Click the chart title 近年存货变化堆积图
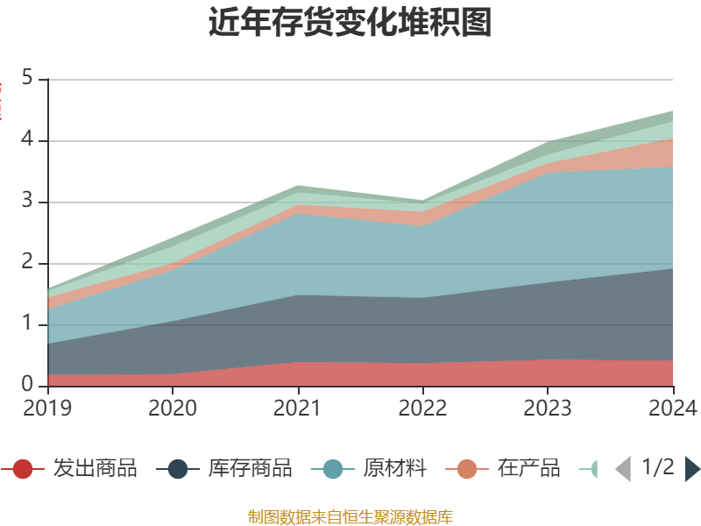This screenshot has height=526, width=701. coord(350,23)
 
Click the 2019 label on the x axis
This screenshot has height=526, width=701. coord(48,408)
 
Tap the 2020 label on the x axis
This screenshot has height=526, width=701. coord(173,408)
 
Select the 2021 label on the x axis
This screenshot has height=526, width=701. coord(299,408)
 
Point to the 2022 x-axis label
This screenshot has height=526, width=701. coord(423,408)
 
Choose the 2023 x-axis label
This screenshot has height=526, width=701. coord(548,408)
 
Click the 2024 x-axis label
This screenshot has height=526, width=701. coord(671,408)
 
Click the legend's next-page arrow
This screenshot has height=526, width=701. coord(692,469)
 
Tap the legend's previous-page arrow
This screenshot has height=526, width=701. coord(623,469)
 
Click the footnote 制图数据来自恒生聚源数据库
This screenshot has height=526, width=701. coord(350,516)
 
